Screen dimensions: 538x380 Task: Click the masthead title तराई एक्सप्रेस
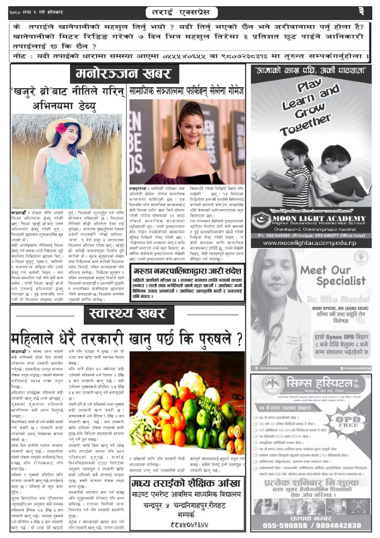point(189,11)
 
